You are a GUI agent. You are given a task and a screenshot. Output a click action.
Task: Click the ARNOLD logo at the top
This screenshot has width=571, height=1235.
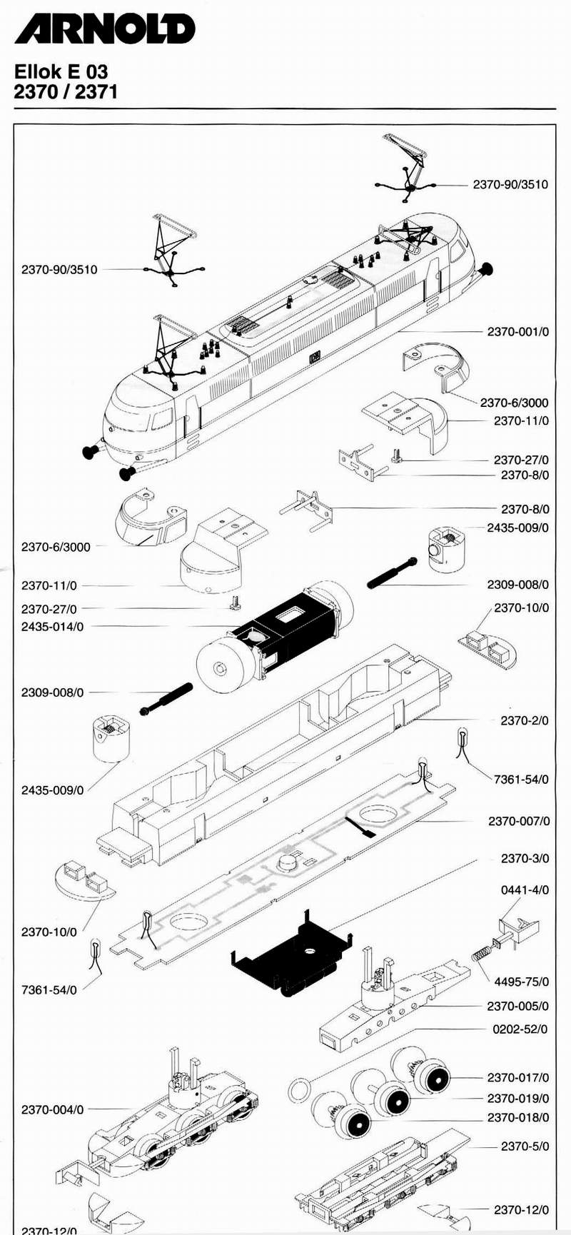point(104,29)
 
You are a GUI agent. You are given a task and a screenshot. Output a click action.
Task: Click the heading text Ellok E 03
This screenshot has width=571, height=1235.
point(61,71)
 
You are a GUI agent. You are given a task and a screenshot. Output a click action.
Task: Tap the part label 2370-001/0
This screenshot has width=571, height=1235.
point(518,332)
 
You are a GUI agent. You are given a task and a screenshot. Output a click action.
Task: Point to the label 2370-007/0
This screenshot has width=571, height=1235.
point(519,821)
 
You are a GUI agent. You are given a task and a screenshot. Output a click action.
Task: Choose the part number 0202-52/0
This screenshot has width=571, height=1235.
point(520,1029)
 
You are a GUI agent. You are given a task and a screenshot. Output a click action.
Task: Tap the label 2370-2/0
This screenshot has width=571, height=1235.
point(525,720)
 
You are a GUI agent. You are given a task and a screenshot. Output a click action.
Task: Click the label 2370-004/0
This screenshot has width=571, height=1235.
point(52,1109)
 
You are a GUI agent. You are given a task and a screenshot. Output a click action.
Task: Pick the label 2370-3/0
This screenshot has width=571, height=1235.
point(525,858)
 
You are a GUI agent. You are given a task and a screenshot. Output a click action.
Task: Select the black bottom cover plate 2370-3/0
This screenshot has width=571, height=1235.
point(293,953)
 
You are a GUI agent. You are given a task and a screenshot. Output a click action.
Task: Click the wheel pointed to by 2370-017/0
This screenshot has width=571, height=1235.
point(433,1078)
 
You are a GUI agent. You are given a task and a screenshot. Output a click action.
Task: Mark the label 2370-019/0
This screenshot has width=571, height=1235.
point(518,1098)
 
